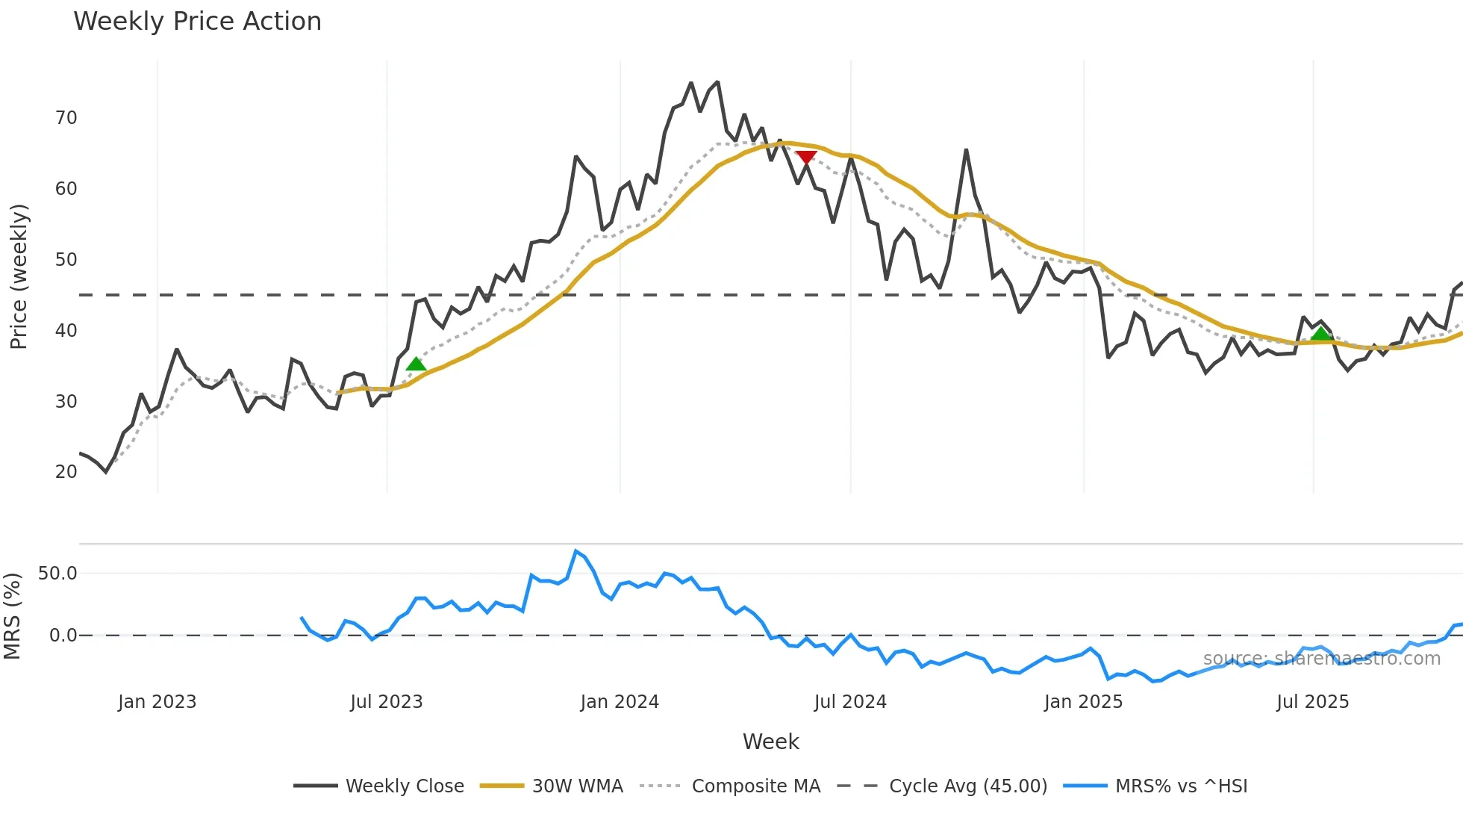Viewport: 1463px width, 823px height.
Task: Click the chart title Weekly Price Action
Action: (x=197, y=21)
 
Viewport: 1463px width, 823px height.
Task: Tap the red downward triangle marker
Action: (x=806, y=157)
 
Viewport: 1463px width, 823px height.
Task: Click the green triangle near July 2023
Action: (x=416, y=364)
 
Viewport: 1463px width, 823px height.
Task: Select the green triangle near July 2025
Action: (x=1320, y=333)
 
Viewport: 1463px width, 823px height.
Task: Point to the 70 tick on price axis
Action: (x=66, y=117)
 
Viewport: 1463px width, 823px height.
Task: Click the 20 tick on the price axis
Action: (x=66, y=471)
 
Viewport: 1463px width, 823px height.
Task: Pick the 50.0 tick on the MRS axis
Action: (x=57, y=573)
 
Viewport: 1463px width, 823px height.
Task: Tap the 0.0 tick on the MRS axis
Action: (x=63, y=635)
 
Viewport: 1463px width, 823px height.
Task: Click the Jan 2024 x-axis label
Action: (x=620, y=701)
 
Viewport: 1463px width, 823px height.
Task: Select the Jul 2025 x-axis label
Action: (x=1312, y=701)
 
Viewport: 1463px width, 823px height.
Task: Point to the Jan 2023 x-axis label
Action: (x=157, y=701)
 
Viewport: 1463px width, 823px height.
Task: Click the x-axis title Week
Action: (x=770, y=741)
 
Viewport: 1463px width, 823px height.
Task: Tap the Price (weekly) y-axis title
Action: (x=18, y=276)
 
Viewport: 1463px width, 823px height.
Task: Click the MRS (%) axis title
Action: (x=12, y=615)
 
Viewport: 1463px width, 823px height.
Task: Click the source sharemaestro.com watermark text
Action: (x=1321, y=658)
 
